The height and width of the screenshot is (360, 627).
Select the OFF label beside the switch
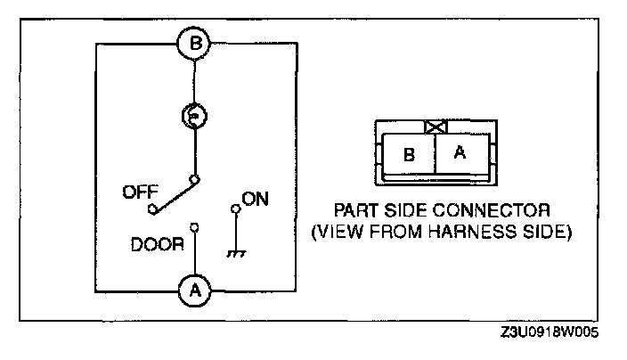pos(138,191)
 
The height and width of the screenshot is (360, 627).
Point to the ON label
pos(256,200)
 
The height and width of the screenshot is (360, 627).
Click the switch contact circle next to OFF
pos(152,210)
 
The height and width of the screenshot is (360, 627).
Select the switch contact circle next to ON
pos(235,210)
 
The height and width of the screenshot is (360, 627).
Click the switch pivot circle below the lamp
pos(194,178)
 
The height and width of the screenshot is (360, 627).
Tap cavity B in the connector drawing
pos(409,154)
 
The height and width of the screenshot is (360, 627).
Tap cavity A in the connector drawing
pos(460,152)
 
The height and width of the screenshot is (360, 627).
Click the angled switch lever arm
pos(175,193)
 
